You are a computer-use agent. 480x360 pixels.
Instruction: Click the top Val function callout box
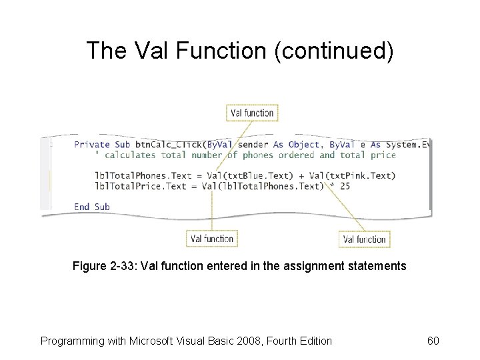click(x=252, y=113)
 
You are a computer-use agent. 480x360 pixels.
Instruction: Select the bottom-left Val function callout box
click(x=212, y=238)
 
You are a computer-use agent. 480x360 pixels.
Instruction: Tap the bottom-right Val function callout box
click(x=364, y=239)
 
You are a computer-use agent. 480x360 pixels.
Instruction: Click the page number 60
click(x=433, y=341)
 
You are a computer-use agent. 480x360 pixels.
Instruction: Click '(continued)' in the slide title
click(x=333, y=51)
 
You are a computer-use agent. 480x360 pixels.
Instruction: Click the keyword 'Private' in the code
click(x=93, y=144)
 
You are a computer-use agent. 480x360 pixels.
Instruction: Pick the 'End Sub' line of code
click(x=92, y=207)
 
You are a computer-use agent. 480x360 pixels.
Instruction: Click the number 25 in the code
click(x=345, y=186)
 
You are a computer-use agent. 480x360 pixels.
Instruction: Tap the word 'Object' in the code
click(x=305, y=144)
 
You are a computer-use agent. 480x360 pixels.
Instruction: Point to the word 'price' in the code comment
click(x=383, y=155)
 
